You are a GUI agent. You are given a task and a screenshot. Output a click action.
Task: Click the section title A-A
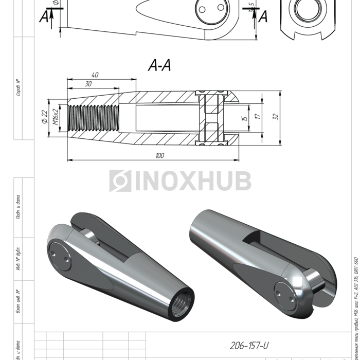(x=159, y=65)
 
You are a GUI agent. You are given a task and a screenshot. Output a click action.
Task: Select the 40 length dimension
(x=94, y=75)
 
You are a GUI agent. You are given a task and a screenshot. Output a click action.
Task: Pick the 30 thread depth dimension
(x=88, y=84)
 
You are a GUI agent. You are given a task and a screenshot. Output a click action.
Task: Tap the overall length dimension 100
(x=159, y=155)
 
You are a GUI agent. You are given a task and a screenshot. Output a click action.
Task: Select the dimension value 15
(x=245, y=117)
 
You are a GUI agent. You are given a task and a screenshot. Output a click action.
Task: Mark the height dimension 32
(x=276, y=117)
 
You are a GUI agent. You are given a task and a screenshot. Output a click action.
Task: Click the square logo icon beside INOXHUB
(x=120, y=181)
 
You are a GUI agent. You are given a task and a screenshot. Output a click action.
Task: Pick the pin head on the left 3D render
(x=60, y=257)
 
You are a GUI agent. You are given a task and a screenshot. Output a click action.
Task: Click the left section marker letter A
(x=45, y=17)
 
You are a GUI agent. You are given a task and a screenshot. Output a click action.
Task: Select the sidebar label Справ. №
(x=18, y=87)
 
